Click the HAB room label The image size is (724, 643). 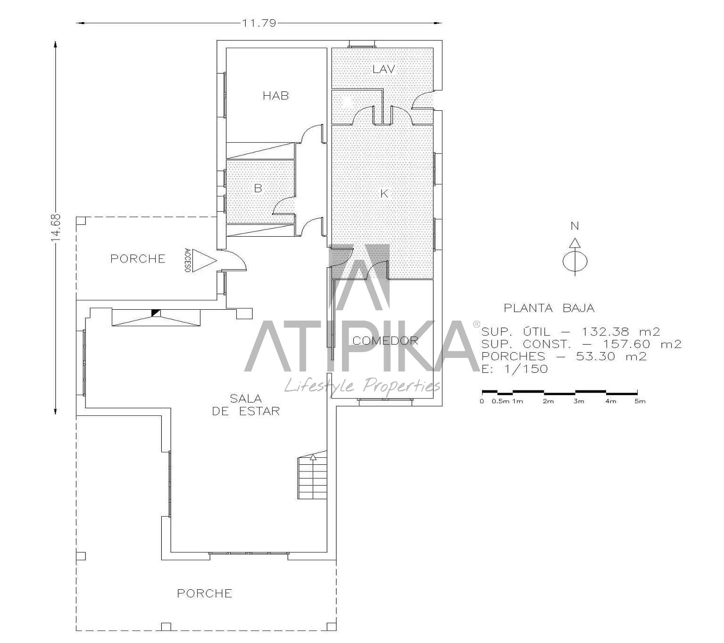[x=275, y=96]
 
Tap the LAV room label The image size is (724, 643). [x=383, y=69]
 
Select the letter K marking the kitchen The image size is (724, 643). [x=384, y=194]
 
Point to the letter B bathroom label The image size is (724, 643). [x=258, y=188]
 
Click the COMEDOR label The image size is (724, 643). [x=385, y=341]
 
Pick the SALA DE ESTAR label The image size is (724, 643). [x=246, y=405]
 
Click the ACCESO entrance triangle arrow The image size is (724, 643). [x=205, y=260]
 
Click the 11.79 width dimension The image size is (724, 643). [x=259, y=23]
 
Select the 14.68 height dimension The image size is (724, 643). [x=56, y=228]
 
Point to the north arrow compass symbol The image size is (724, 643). [x=574, y=256]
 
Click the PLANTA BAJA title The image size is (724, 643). [x=549, y=308]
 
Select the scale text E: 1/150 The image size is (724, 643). [x=515, y=369]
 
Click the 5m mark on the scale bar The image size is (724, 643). [x=640, y=401]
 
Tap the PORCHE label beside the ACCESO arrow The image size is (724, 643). [x=138, y=259]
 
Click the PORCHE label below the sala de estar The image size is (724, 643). [x=205, y=594]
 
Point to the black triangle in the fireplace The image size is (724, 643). [x=156, y=313]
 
